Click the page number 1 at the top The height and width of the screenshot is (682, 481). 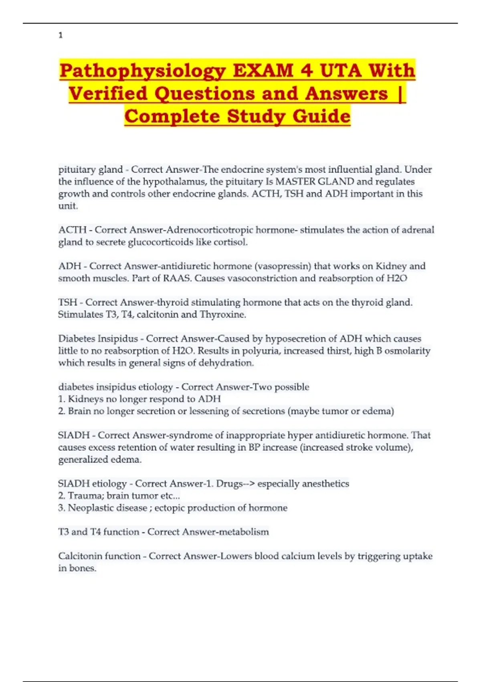point(61,35)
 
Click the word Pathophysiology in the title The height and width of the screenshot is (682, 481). point(143,71)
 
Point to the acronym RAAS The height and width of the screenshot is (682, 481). point(177,278)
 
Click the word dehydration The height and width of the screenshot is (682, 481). point(228,363)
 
